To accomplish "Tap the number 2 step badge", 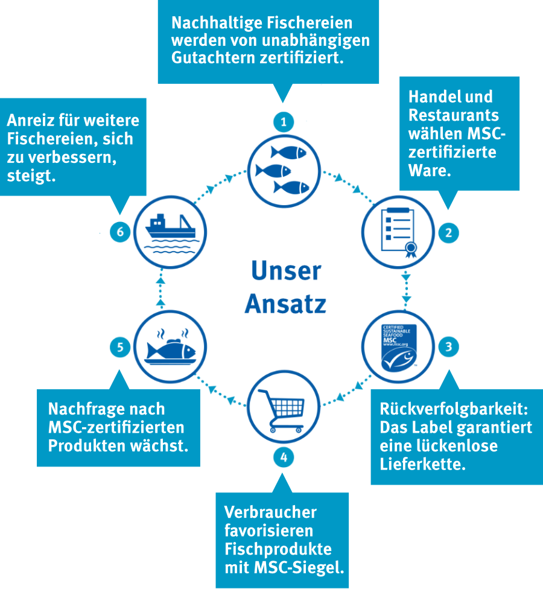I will [x=448, y=232].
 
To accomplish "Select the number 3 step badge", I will [x=448, y=346].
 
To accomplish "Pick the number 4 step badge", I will [x=284, y=457].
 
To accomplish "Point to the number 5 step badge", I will [x=120, y=346].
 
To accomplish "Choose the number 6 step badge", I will [x=120, y=232].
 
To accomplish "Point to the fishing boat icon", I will [x=170, y=232].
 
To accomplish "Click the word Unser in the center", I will [x=286, y=271].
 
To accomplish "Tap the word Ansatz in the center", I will [x=285, y=304].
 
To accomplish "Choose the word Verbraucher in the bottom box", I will [x=270, y=512].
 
